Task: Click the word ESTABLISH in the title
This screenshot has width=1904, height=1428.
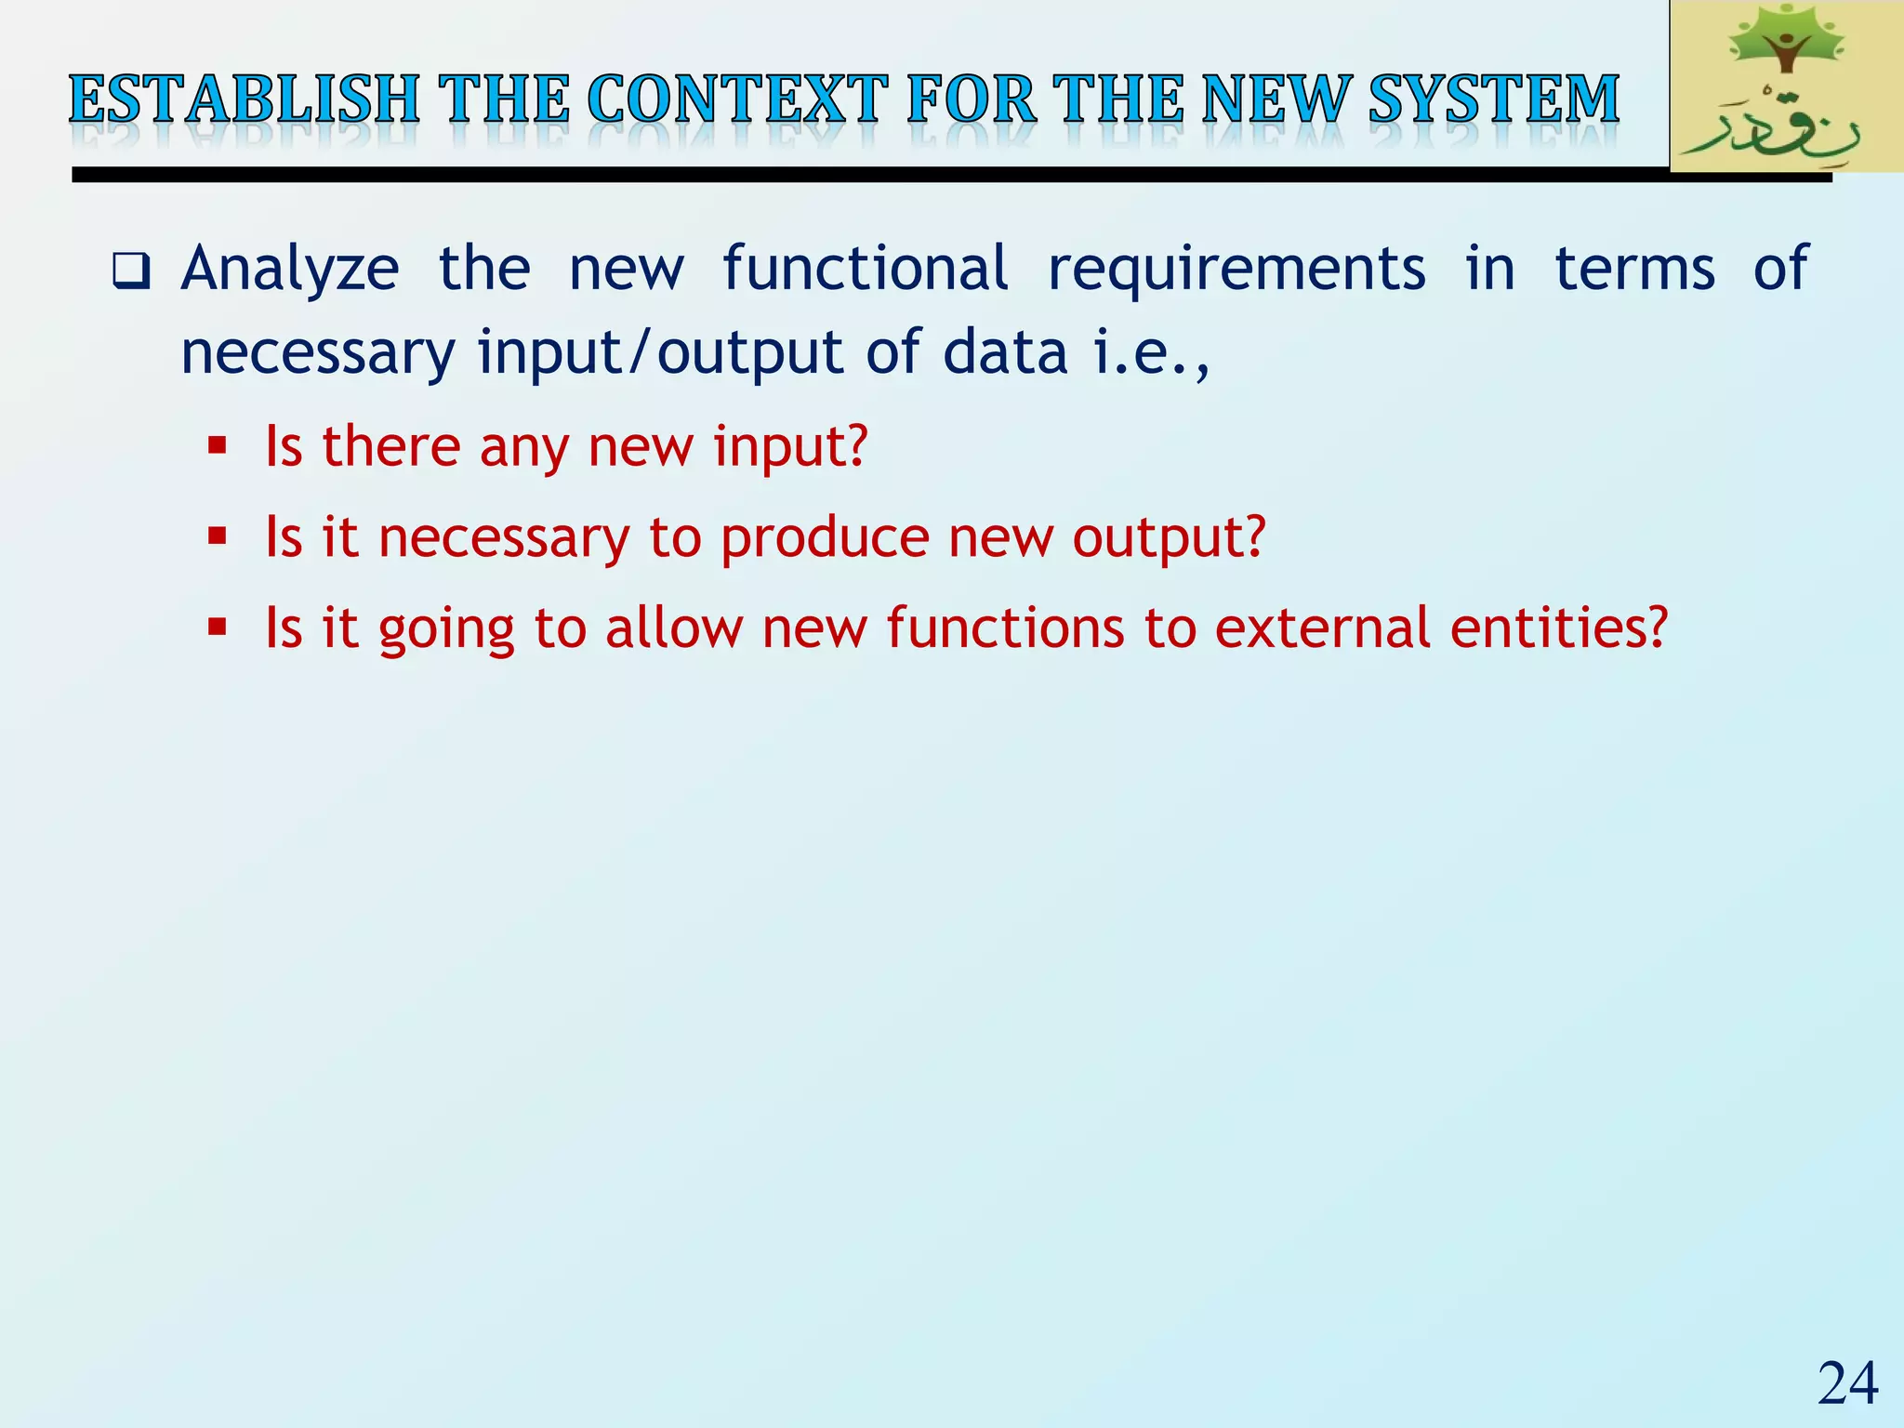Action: pyautogui.click(x=244, y=99)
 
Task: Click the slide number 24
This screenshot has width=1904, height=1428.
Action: pyautogui.click(x=1847, y=1384)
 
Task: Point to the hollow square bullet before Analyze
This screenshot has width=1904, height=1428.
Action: pyautogui.click(x=131, y=271)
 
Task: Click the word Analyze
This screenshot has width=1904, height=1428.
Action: pyautogui.click(x=290, y=270)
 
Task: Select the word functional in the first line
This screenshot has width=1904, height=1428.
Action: pyautogui.click(x=865, y=270)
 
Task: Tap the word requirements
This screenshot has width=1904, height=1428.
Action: pyautogui.click(x=1236, y=270)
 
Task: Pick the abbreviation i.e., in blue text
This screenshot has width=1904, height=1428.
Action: pyautogui.click(x=1151, y=354)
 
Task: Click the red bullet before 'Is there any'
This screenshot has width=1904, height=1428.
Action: pyautogui.click(x=218, y=445)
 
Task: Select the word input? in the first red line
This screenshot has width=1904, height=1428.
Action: pyautogui.click(x=790, y=446)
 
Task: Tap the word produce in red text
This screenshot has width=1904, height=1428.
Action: pyautogui.click(x=824, y=537)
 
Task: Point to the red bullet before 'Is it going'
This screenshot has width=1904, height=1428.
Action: pyautogui.click(x=218, y=628)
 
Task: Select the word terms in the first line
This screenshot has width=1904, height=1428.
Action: pyautogui.click(x=1634, y=270)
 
